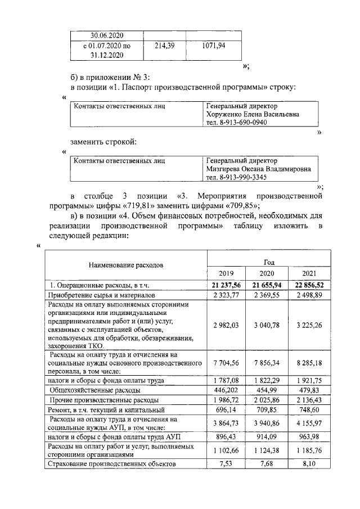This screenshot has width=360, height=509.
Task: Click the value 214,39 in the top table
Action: pos(165,46)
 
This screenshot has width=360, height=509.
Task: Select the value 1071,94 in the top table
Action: pos(213,46)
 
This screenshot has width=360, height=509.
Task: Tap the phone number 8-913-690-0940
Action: pos(236,123)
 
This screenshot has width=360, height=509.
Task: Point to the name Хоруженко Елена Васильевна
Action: pos(253,114)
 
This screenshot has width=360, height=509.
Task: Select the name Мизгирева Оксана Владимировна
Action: pos(258,169)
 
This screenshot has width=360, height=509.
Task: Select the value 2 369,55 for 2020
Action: pos(269,295)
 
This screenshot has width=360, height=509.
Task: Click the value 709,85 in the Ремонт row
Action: pos(269,411)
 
